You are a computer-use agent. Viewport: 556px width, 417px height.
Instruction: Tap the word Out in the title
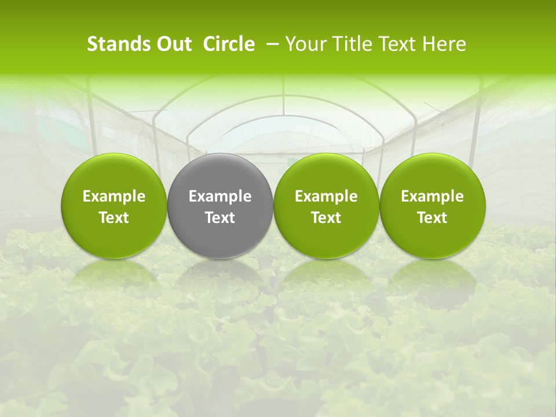point(173,44)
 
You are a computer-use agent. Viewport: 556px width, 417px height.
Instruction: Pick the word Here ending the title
point(445,44)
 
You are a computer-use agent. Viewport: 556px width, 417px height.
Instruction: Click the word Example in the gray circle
point(220,196)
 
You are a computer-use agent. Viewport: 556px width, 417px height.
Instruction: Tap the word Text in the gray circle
point(220,218)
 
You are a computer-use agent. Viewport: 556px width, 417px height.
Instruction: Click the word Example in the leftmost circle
point(114,196)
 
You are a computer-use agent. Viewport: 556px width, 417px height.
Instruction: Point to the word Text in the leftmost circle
point(114,218)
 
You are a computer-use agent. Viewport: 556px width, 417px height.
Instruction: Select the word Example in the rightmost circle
point(433,196)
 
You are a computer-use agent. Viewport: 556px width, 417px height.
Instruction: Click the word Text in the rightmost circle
point(433,218)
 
